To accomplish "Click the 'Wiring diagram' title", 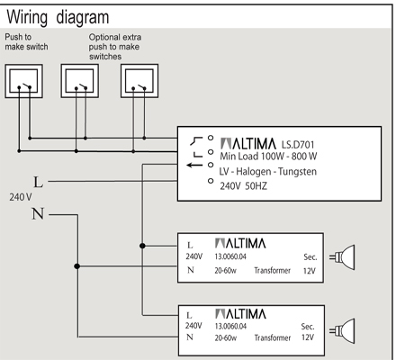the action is (58, 17).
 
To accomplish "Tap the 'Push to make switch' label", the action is (26, 42).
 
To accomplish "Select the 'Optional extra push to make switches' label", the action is (115, 47).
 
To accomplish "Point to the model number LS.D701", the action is (298, 145).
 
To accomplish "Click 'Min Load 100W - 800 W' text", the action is (268, 157).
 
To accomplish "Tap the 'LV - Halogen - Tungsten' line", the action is (267, 172).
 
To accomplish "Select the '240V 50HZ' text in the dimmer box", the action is (243, 186).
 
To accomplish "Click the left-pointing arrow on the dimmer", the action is (194, 165).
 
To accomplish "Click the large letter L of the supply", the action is (38, 183).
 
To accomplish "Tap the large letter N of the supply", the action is (38, 214).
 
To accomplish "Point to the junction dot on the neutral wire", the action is (77, 266).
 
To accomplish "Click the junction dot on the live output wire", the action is (142, 246).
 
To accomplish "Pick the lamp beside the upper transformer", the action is (342, 257).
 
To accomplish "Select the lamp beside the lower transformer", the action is (342, 331).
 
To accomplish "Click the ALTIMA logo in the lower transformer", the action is (240, 314).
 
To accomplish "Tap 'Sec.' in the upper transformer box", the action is (310, 257).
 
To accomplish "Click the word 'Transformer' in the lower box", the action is (273, 338).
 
